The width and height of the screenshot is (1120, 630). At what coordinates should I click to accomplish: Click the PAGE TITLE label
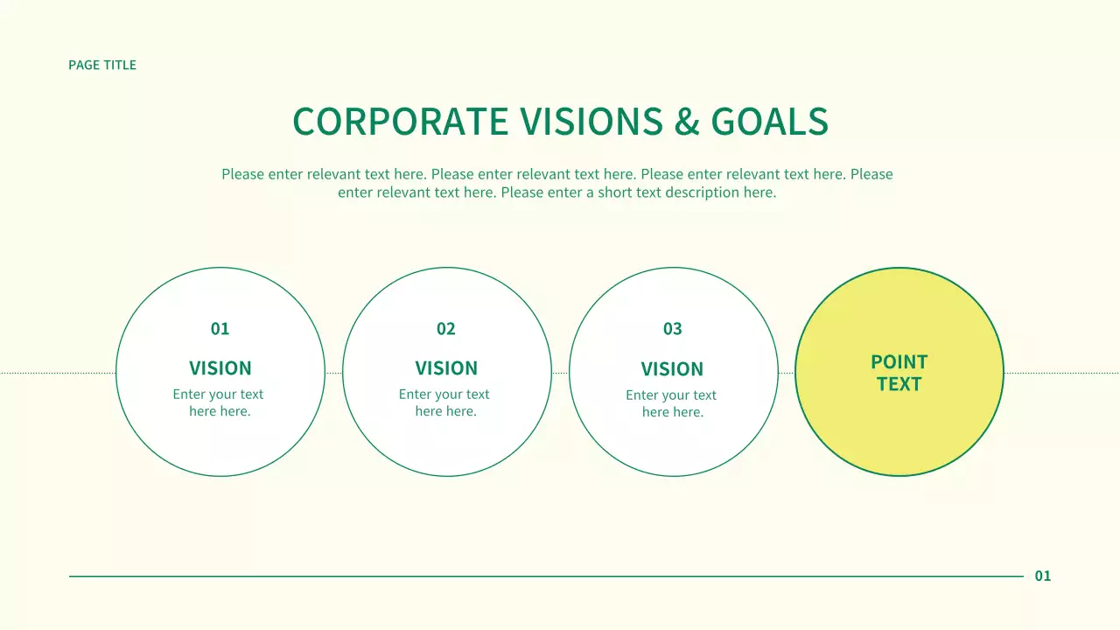pyautogui.click(x=102, y=65)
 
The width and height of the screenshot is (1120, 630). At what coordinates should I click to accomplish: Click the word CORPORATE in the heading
pyautogui.click(x=401, y=122)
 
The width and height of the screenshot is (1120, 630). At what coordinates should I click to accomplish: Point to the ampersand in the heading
pyautogui.click(x=688, y=122)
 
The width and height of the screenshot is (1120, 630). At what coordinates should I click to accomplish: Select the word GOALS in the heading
pyautogui.click(x=770, y=122)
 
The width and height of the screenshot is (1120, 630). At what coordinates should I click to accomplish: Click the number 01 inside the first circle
pyautogui.click(x=220, y=329)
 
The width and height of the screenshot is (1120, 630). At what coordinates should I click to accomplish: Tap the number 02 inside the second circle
pyautogui.click(x=446, y=329)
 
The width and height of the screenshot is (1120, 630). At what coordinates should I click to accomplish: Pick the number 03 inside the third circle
pyautogui.click(x=672, y=329)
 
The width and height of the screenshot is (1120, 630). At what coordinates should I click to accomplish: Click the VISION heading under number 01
pyautogui.click(x=220, y=368)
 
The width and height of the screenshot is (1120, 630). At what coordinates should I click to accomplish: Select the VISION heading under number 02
pyautogui.click(x=446, y=368)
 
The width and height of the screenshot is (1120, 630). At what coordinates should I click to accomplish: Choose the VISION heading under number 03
pyautogui.click(x=672, y=369)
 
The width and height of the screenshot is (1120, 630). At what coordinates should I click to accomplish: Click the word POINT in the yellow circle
pyautogui.click(x=899, y=362)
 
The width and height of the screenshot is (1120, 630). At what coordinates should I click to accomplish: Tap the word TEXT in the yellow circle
pyautogui.click(x=899, y=384)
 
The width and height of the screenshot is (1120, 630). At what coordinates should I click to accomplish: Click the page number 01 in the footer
pyautogui.click(x=1043, y=576)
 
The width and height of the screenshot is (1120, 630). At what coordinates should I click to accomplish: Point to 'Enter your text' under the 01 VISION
pyautogui.click(x=218, y=395)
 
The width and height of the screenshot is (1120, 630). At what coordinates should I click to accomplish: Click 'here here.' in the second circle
pyautogui.click(x=446, y=411)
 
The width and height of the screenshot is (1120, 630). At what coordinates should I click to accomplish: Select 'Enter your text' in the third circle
pyautogui.click(x=671, y=395)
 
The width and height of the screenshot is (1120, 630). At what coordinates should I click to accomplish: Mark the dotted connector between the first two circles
pyautogui.click(x=333, y=373)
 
